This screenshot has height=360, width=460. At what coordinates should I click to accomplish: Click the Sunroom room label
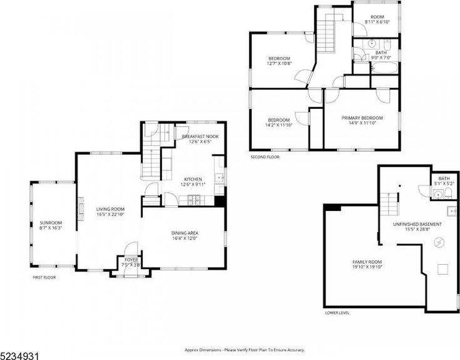(x=51, y=222)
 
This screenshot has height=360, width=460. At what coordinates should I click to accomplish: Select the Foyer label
(x=131, y=259)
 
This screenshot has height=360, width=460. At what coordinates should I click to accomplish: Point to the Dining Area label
(x=185, y=234)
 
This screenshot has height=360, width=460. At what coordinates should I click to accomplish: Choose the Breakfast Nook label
(x=200, y=136)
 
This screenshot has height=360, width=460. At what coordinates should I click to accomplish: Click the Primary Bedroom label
(x=362, y=118)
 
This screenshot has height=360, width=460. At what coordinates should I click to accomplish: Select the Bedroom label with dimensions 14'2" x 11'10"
(x=279, y=120)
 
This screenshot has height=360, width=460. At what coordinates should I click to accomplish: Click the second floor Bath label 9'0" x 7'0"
(x=381, y=53)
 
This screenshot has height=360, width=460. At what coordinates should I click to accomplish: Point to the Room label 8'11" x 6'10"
(x=377, y=17)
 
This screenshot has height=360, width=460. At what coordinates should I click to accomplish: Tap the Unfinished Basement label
(x=417, y=224)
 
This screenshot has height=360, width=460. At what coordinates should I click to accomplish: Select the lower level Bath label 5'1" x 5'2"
(x=444, y=178)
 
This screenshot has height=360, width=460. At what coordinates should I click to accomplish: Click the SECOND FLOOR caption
(x=265, y=157)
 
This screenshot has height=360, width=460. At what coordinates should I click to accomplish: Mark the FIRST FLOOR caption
(x=44, y=277)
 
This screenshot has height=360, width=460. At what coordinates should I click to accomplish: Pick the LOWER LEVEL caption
(x=337, y=312)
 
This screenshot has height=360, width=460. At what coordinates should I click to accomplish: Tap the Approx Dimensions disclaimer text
(x=245, y=350)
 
